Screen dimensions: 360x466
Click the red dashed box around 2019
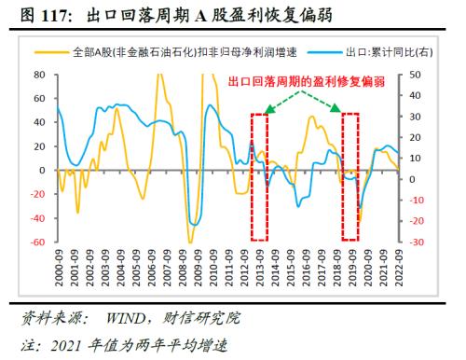[x=350, y=177]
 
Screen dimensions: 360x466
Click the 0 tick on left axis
[x=43, y=171]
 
